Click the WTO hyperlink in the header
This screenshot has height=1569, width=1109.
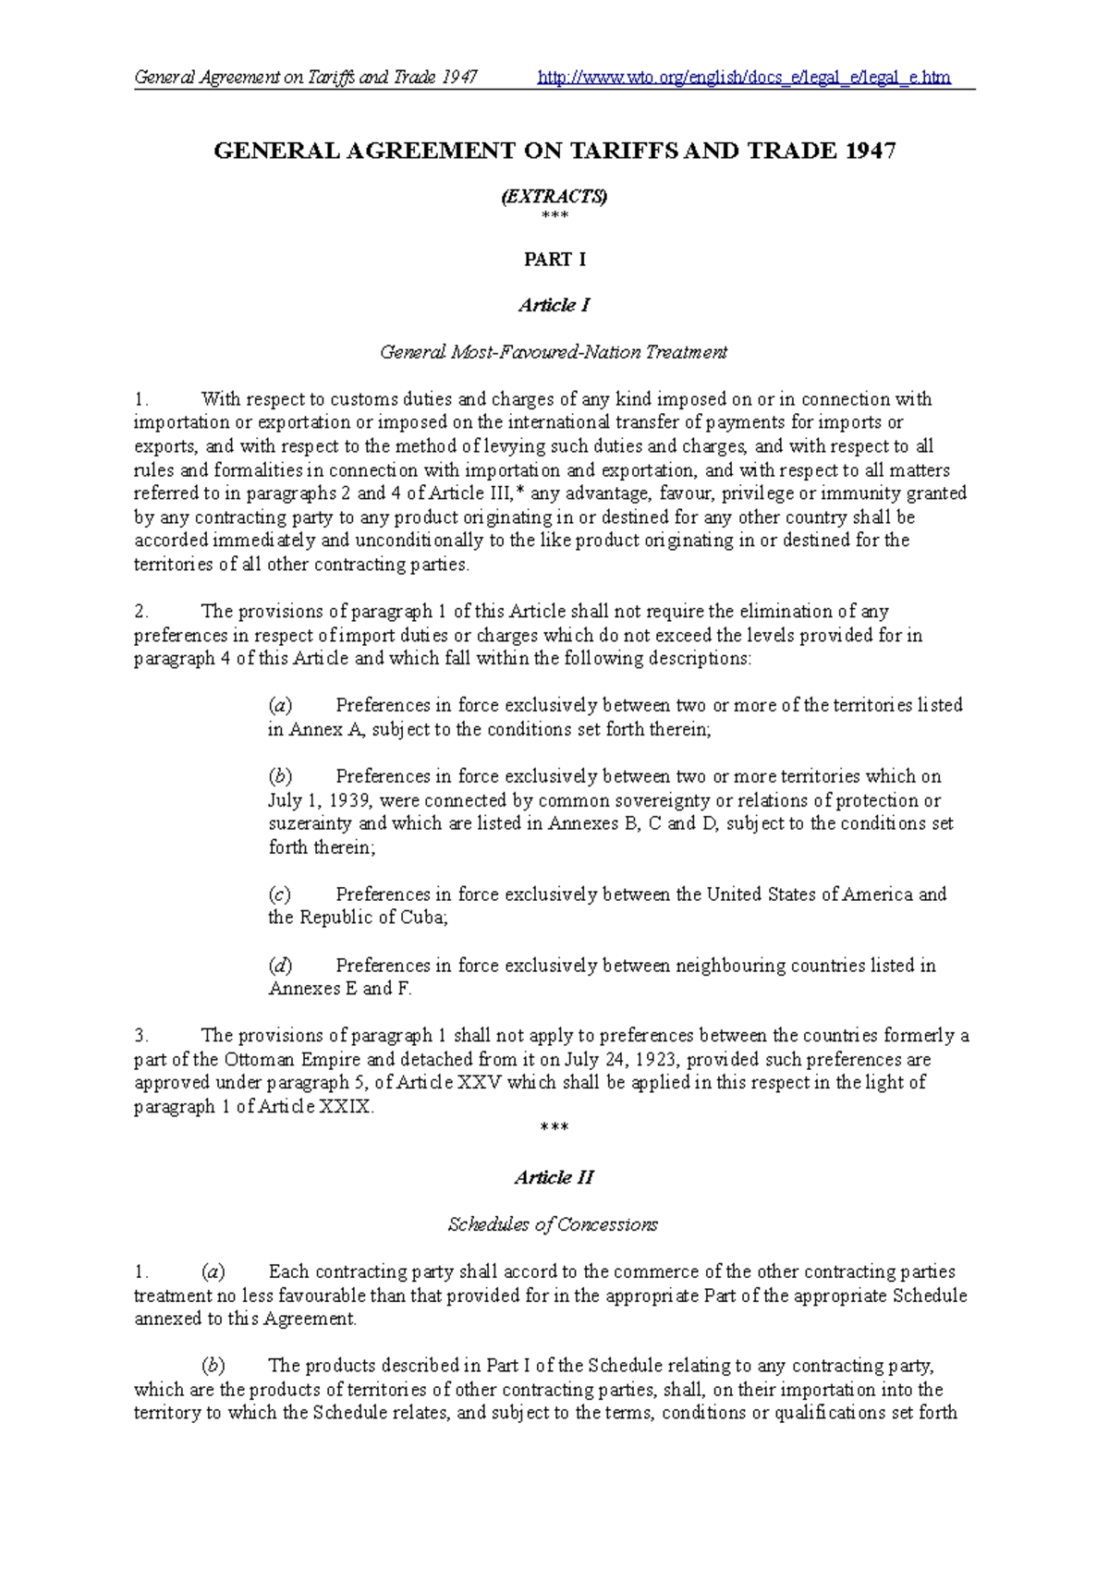(x=744, y=78)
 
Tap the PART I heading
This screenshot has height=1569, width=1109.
(x=554, y=260)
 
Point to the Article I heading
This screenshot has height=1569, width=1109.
(x=554, y=305)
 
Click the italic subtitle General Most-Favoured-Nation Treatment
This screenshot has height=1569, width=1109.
(x=554, y=352)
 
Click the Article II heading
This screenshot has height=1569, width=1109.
(x=554, y=1177)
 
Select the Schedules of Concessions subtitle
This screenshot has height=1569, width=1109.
(x=553, y=1224)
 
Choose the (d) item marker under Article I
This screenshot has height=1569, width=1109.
(x=280, y=966)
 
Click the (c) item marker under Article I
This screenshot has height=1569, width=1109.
(x=279, y=894)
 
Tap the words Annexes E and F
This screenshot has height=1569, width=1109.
(x=339, y=989)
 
